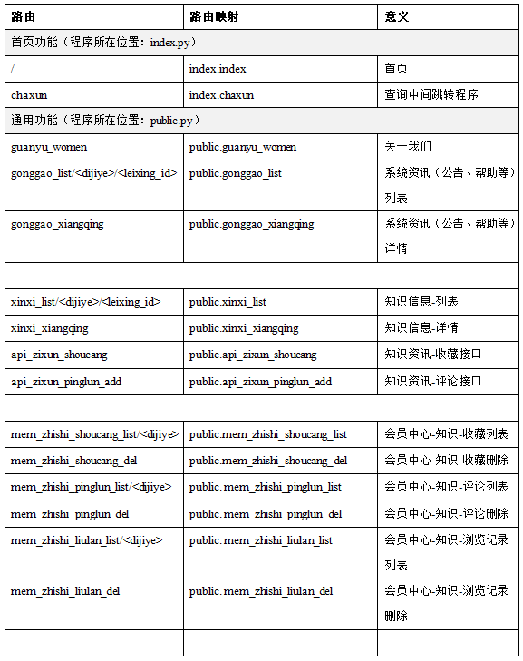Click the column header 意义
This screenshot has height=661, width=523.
[x=397, y=16]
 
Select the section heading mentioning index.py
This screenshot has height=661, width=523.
[x=104, y=42]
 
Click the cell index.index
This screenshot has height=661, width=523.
[x=218, y=68]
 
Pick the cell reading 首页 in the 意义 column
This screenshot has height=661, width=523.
[x=396, y=68]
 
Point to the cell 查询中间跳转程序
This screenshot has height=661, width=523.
[x=431, y=94]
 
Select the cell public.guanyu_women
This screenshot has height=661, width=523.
[x=243, y=146]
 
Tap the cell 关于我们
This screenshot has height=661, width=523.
[x=408, y=146]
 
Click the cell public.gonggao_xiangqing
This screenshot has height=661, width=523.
[x=252, y=224]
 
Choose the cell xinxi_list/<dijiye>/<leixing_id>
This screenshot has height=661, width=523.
[x=86, y=301]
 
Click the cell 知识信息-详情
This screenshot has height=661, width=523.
[x=421, y=327]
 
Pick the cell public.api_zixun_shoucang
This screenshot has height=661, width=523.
[x=253, y=355]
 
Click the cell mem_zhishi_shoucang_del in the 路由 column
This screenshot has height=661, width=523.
[x=74, y=461]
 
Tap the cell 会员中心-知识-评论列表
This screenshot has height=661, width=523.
[x=446, y=487]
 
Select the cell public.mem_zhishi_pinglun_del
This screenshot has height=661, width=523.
[x=266, y=514]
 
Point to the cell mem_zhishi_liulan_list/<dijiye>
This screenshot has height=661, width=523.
[x=87, y=540]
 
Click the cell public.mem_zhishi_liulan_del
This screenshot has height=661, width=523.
[x=261, y=591]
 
